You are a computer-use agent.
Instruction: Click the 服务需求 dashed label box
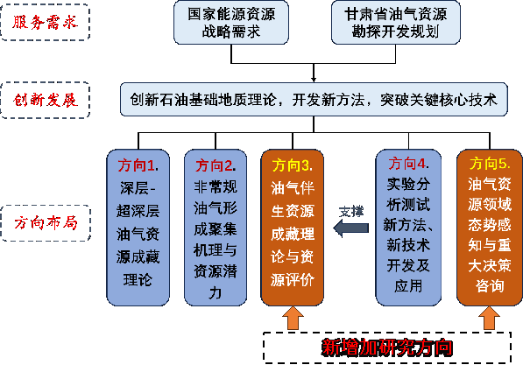[x=46, y=23]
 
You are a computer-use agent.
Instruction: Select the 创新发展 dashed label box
[x=46, y=100]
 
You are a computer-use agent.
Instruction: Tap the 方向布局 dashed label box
[x=46, y=223]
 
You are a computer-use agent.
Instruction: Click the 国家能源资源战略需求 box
[x=231, y=23]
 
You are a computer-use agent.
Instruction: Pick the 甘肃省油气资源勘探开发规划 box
[x=396, y=23]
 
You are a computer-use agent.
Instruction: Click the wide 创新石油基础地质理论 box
[x=314, y=99]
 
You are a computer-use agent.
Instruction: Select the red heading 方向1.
[x=138, y=165]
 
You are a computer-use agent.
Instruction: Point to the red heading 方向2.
[x=216, y=165]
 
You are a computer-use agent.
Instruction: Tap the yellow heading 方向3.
[x=293, y=165]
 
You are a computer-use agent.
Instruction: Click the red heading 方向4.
[x=408, y=164]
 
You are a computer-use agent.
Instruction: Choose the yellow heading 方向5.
[x=490, y=164]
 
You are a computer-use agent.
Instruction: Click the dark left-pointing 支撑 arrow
[x=351, y=228]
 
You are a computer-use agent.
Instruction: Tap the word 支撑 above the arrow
[x=351, y=212]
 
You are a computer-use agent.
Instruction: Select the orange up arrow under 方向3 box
[x=293, y=319]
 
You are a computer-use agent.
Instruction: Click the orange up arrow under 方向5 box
[x=489, y=319]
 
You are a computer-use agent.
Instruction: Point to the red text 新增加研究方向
[x=387, y=347]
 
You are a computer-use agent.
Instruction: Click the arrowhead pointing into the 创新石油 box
[x=314, y=80]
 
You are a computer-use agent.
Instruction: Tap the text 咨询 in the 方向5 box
[x=490, y=286]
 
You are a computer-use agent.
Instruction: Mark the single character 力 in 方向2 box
[x=216, y=292]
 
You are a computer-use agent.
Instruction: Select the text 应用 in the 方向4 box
[x=408, y=286]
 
